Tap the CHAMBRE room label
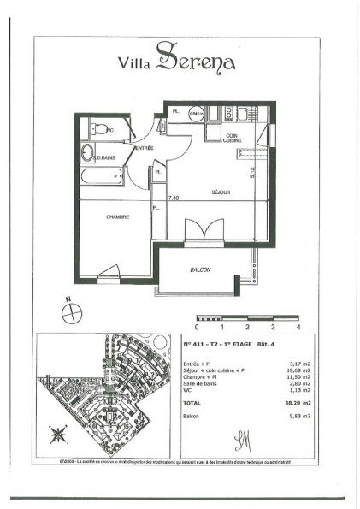click(118, 216)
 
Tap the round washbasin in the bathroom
click(88, 155)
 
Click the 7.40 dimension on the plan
click(174, 198)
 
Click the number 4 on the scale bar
click(298, 327)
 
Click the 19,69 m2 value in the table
click(289, 371)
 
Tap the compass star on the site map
click(58, 435)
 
